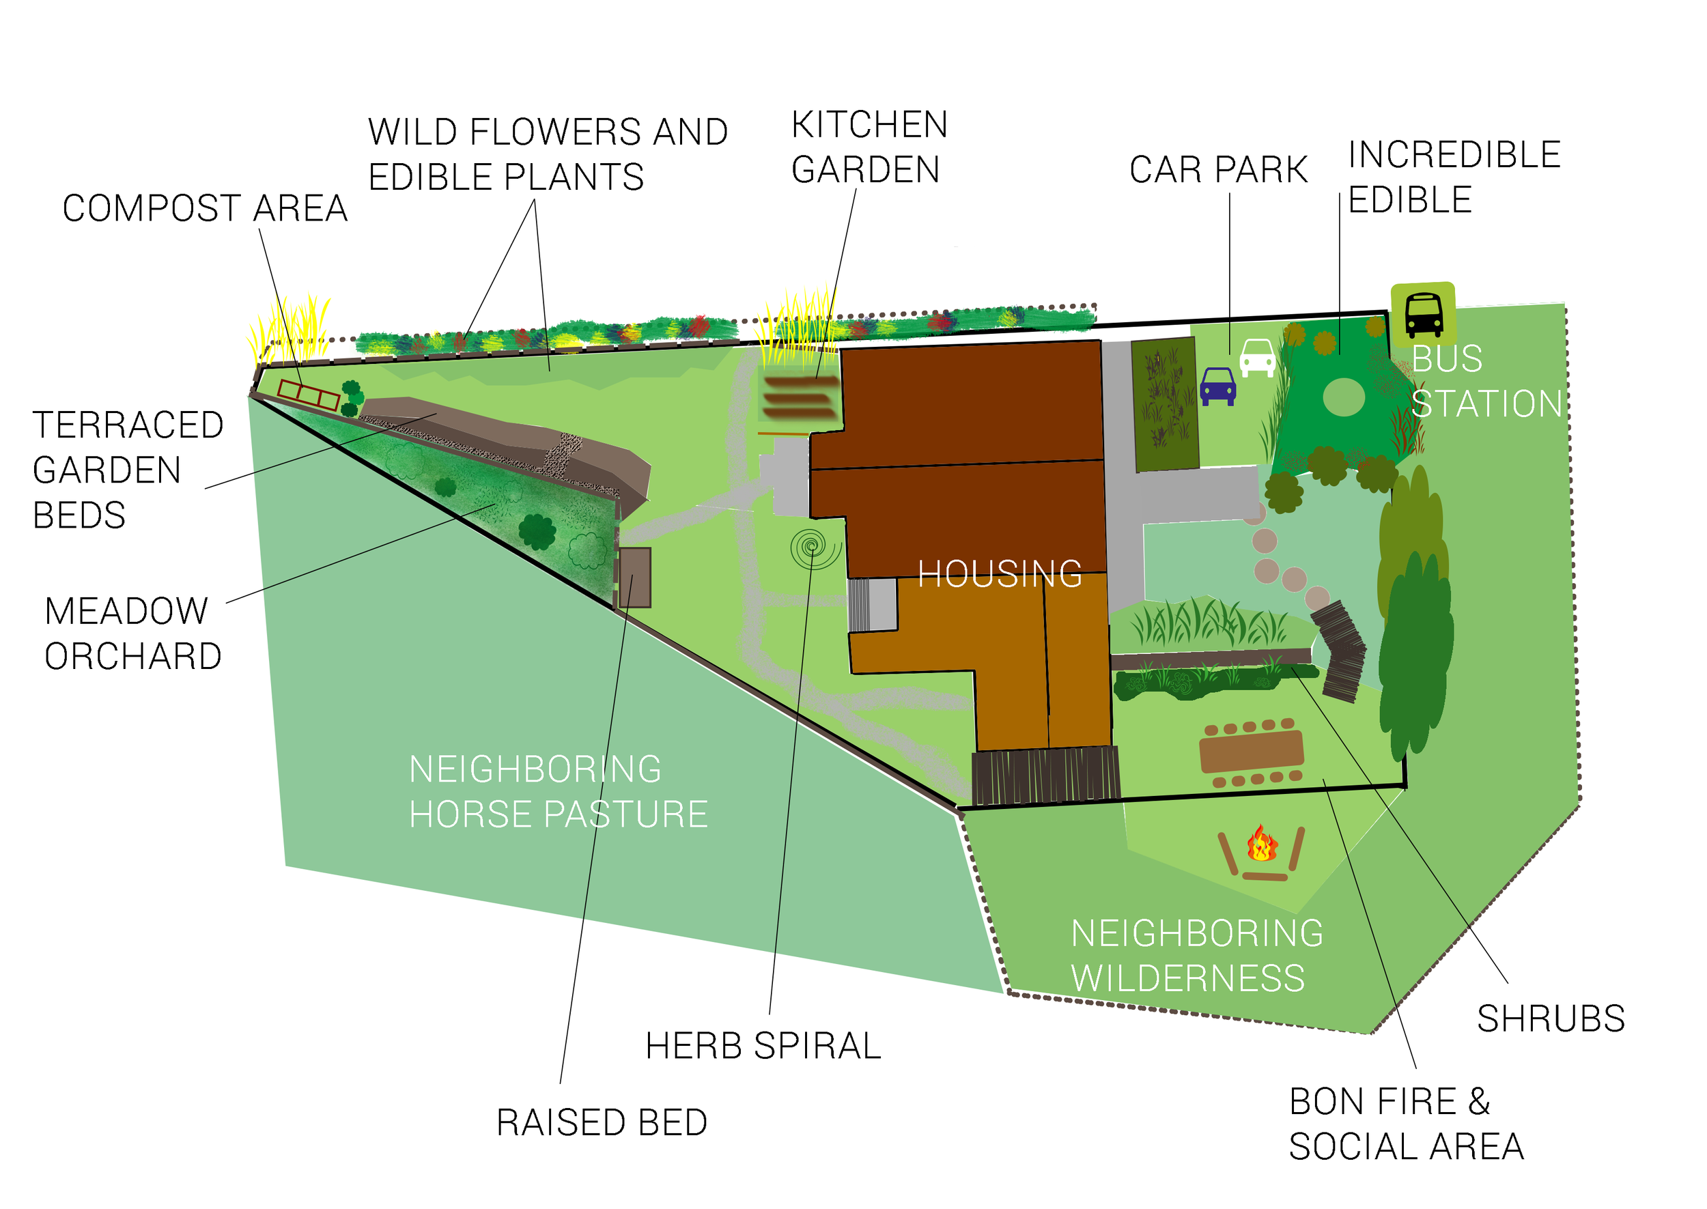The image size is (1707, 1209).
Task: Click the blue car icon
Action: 1217,386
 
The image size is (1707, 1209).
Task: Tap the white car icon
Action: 1257,357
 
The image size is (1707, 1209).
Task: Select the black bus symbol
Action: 1424,315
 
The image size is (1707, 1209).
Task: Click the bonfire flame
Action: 1262,845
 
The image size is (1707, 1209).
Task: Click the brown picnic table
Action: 1252,751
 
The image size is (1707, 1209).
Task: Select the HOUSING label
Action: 999,575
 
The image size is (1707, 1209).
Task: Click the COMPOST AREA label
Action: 205,208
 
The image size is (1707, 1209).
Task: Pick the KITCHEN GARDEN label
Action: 869,147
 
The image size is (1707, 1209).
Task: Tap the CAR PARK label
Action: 1218,170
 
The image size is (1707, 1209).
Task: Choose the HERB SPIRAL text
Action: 763,1046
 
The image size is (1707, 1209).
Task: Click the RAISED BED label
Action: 602,1122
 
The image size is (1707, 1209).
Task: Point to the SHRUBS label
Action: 1551,1019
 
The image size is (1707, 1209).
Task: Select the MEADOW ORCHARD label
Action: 132,634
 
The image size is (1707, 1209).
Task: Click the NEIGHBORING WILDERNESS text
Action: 1196,956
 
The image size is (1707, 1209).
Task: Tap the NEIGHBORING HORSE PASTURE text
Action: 558,792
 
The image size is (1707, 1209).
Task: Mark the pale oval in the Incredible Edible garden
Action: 1343,397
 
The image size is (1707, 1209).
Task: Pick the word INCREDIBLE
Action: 1454,155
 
